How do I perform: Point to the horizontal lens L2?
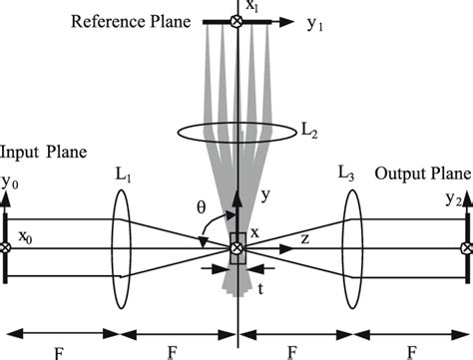tap(236, 131)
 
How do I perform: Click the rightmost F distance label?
tap(412, 348)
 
